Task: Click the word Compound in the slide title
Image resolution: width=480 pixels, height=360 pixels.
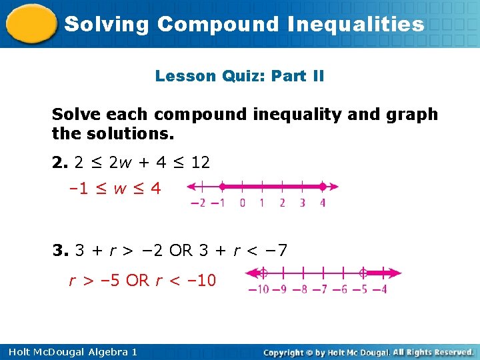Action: (x=217, y=25)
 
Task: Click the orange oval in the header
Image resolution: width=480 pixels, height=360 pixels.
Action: (x=31, y=24)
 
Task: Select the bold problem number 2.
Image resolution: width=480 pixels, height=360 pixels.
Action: (x=58, y=162)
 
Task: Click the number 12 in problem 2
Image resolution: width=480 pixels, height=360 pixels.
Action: (x=200, y=162)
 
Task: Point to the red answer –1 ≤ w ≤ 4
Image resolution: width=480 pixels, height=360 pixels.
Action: (x=115, y=189)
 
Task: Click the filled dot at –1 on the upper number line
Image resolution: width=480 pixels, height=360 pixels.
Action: (x=221, y=187)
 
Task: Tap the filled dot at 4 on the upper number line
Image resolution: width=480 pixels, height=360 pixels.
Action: (x=323, y=187)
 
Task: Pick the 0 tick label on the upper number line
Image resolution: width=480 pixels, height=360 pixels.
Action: (x=242, y=203)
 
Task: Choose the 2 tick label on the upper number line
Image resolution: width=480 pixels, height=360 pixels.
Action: (x=282, y=203)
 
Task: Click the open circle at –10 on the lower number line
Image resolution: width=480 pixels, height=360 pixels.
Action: (x=263, y=273)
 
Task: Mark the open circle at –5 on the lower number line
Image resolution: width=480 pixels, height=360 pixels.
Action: (x=363, y=273)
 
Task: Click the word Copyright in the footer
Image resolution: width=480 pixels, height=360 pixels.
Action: (x=285, y=351)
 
